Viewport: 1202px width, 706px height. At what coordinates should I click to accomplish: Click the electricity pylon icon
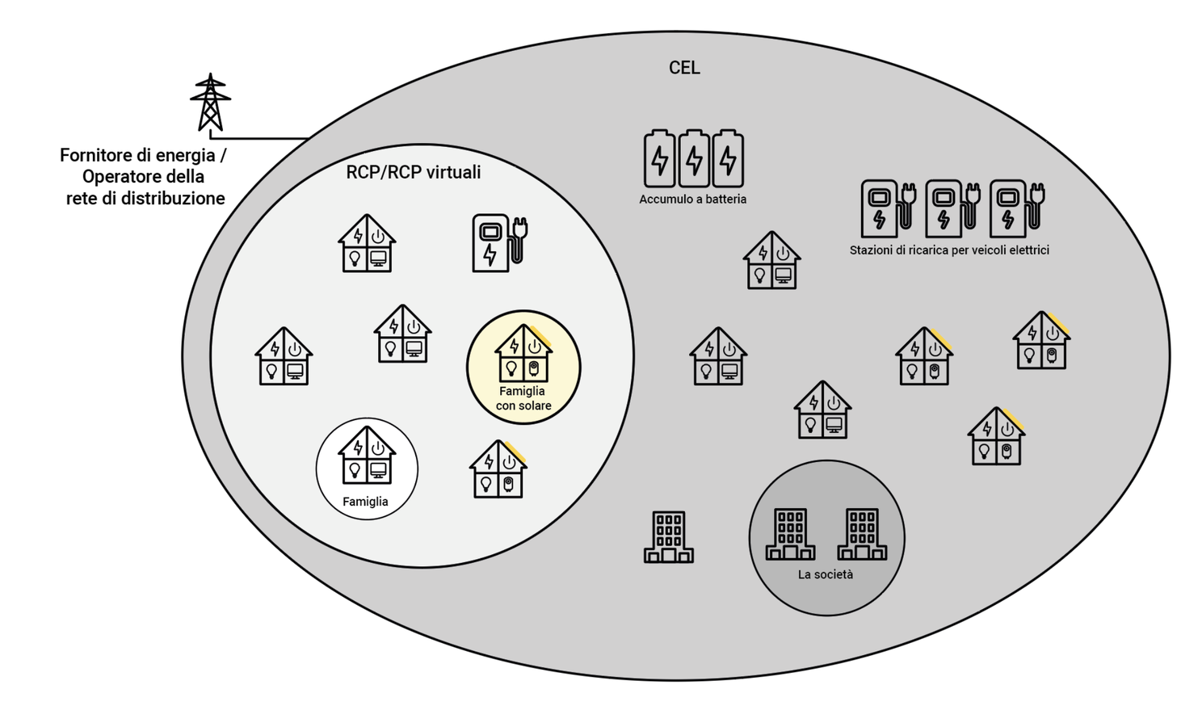pos(211,103)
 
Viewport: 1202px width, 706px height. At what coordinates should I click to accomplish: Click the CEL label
pos(684,68)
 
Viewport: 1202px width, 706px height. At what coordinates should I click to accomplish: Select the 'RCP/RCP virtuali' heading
pos(413,172)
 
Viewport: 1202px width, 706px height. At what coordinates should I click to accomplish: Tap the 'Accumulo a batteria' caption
pos(692,199)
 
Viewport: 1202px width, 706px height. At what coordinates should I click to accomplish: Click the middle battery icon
pos(693,158)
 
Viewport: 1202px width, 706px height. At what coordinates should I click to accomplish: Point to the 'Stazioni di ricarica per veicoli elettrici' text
pos(949,250)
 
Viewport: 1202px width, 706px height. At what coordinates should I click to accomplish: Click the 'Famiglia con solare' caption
pos(523,398)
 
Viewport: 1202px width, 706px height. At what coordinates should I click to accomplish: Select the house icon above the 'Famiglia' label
pos(367,456)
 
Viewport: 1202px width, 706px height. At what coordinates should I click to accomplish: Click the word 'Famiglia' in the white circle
pos(365,502)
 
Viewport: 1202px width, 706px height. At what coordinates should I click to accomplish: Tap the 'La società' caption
pos(825,574)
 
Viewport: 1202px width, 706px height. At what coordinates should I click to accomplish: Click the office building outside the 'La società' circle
pos(668,536)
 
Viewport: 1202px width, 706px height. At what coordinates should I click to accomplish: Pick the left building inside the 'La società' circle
pos(790,534)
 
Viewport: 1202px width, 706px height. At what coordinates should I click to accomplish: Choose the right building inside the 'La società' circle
pos(861,534)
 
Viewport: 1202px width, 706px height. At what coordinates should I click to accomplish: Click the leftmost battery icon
pos(659,158)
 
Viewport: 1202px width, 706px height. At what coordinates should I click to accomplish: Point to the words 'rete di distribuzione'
pos(145,198)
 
